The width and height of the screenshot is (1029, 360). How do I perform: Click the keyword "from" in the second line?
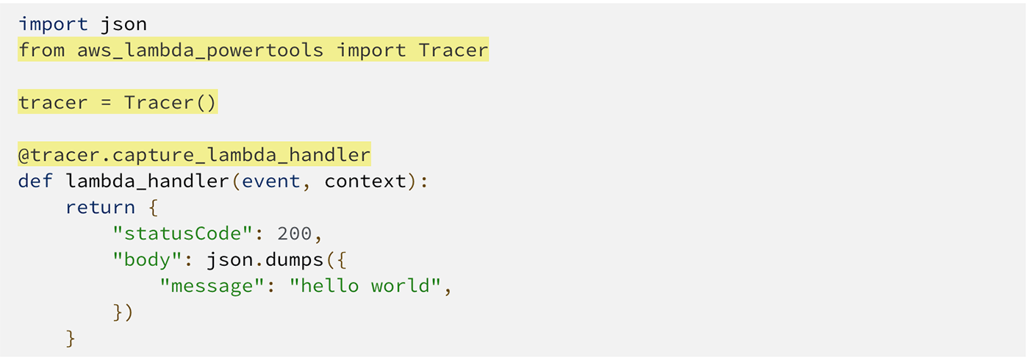click(42, 50)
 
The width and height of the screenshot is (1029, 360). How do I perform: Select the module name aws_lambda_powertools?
click(200, 51)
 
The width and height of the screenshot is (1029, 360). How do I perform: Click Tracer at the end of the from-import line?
click(453, 50)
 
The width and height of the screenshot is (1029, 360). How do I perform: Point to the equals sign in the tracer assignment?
click(106, 102)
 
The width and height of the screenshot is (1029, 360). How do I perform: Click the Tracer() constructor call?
click(170, 102)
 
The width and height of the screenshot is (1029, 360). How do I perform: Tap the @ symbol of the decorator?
click(24, 155)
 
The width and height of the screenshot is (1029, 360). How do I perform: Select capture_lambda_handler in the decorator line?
click(241, 155)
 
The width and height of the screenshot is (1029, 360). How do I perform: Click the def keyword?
click(35, 181)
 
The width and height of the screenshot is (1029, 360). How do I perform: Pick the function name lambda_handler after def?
click(148, 181)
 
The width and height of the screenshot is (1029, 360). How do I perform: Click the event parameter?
click(271, 181)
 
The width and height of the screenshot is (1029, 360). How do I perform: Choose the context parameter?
click(366, 181)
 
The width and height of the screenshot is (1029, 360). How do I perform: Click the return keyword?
click(100, 207)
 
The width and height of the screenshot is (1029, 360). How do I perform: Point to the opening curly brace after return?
click(154, 207)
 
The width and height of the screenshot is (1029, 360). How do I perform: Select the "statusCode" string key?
click(183, 234)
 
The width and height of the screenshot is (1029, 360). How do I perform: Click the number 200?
click(295, 234)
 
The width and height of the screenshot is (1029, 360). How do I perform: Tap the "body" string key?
click(148, 260)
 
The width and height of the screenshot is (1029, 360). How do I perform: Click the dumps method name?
click(295, 260)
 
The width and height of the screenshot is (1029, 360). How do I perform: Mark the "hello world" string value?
click(365, 286)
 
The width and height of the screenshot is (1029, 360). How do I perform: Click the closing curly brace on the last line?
click(71, 339)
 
